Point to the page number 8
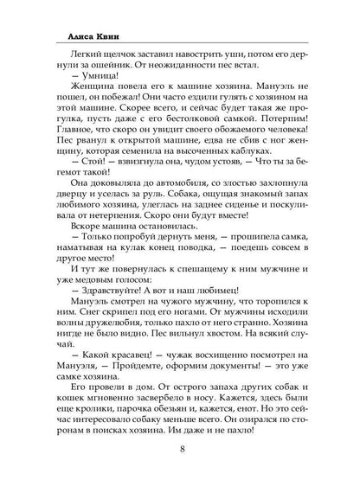pyautogui.click(x=180, y=448)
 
